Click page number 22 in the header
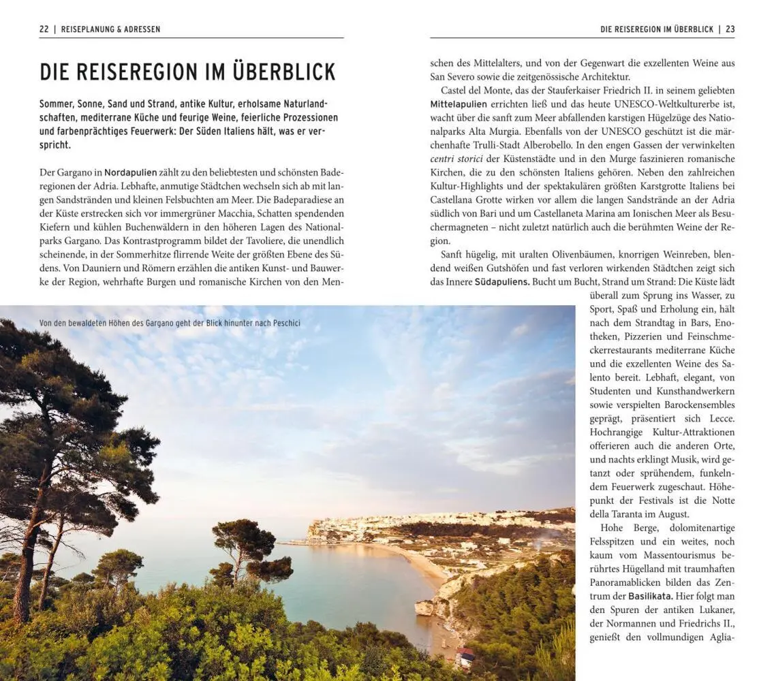(44, 29)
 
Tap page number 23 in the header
(730, 29)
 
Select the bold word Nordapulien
(130, 172)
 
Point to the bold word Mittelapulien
(459, 104)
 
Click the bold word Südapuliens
(501, 281)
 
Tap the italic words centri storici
(457, 159)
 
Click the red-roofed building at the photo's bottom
(465, 656)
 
